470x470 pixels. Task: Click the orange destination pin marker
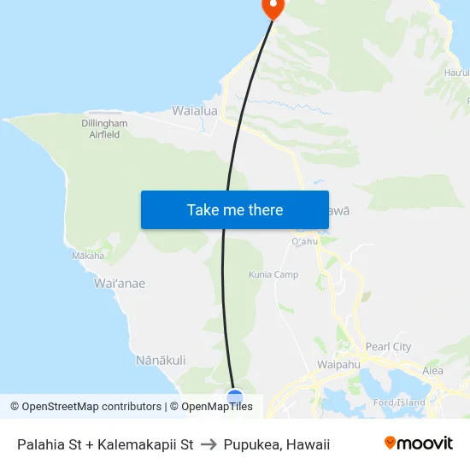click(x=273, y=7)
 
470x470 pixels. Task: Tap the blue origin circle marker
click(x=235, y=397)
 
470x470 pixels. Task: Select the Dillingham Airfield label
click(x=105, y=129)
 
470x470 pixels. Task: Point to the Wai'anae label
click(x=120, y=284)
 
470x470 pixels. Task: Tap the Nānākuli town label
click(x=161, y=361)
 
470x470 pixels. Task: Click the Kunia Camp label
click(x=273, y=275)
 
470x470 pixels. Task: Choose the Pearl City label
click(x=388, y=347)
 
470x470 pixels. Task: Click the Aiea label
click(x=433, y=371)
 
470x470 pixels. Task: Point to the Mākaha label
click(x=88, y=256)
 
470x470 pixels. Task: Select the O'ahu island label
click(x=305, y=242)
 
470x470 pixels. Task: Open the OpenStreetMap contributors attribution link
click(x=89, y=407)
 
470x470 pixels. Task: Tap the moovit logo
click(x=419, y=444)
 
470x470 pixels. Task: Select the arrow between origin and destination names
click(x=209, y=444)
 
